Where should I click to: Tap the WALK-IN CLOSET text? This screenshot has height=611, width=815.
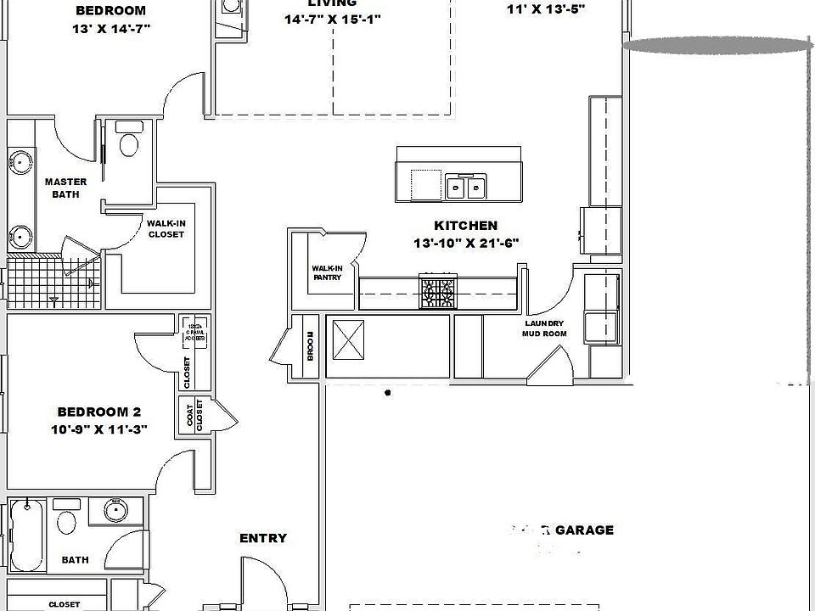[x=166, y=228]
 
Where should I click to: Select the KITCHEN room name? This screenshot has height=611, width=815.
[x=465, y=226]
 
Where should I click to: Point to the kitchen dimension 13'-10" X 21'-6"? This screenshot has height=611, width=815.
[x=465, y=243]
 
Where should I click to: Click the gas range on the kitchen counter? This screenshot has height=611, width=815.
[x=438, y=293]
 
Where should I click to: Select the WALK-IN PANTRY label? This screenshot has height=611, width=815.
[x=327, y=272]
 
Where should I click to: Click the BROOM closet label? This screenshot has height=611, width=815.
[x=311, y=346]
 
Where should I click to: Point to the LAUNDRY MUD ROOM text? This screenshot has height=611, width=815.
[x=543, y=328]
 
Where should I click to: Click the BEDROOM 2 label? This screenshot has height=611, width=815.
[x=98, y=412]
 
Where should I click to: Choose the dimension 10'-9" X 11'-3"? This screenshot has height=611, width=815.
[x=98, y=429]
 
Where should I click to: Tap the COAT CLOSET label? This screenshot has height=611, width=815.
[x=194, y=416]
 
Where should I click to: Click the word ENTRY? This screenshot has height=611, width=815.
[x=262, y=538]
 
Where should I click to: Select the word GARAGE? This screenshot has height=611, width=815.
[x=583, y=530]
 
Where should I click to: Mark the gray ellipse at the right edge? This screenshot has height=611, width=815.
[x=717, y=45]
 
